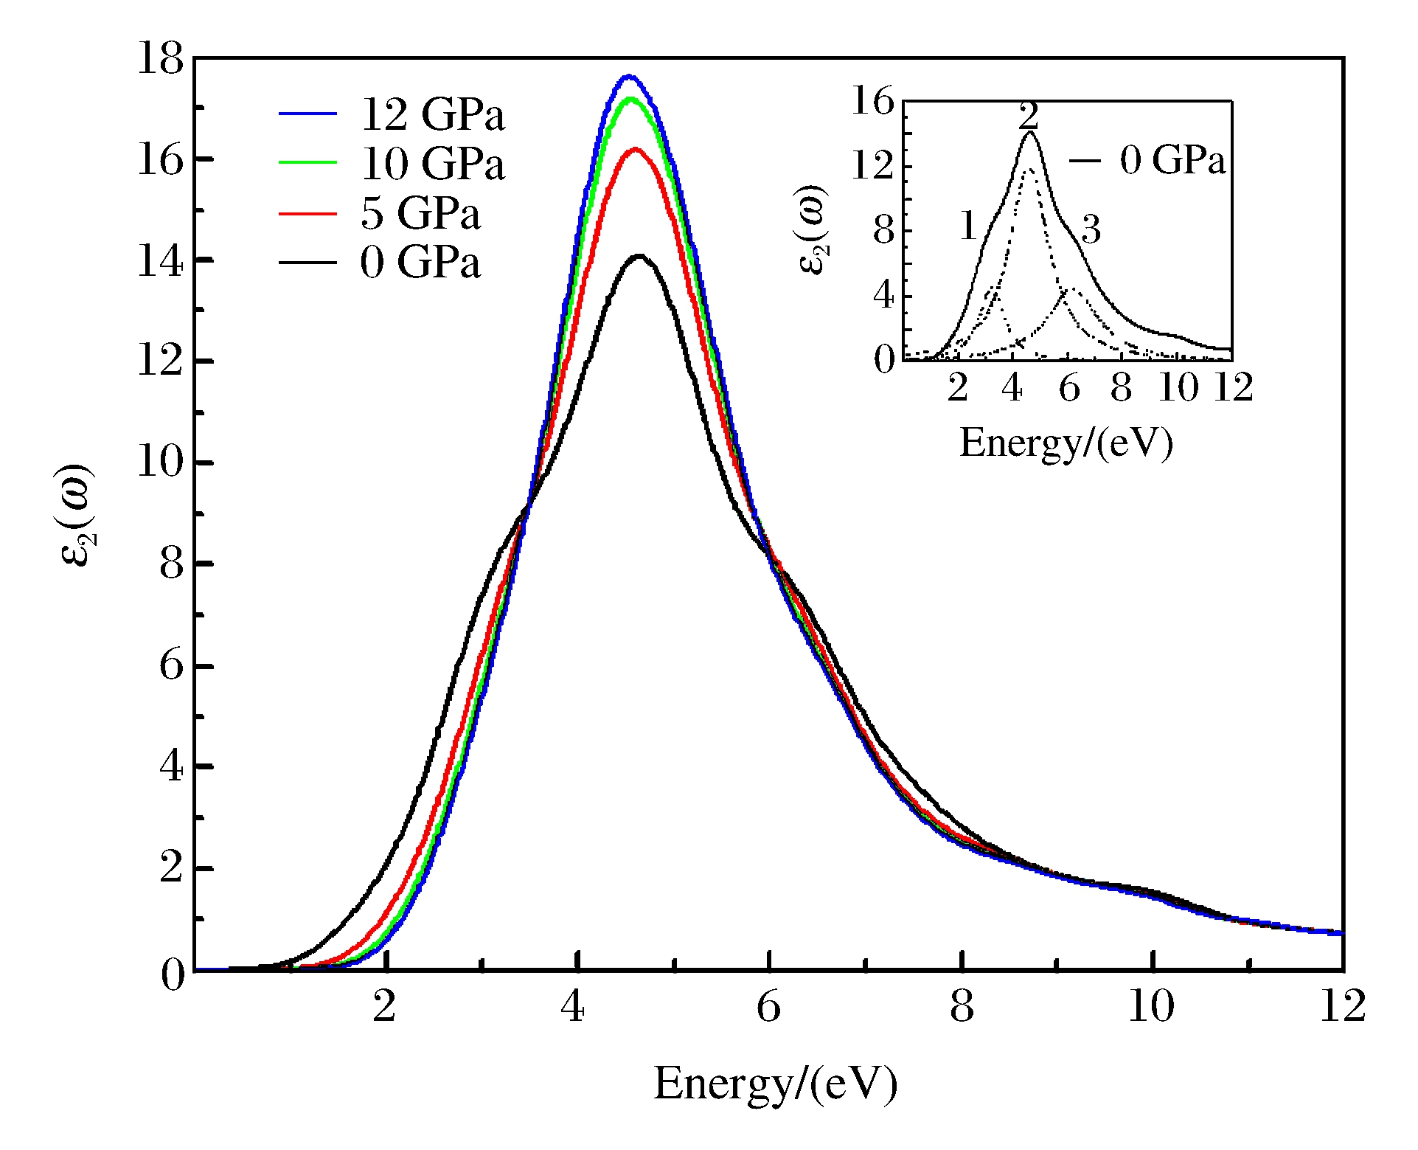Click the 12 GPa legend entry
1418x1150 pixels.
tap(432, 114)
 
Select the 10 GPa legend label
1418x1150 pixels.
tap(432, 163)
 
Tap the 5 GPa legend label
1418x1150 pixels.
tap(420, 213)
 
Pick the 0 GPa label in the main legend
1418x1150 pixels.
tap(420, 263)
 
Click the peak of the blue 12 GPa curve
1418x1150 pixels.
tap(629, 76)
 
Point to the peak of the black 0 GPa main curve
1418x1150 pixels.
tap(639, 256)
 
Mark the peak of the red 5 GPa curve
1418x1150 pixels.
tap(635, 150)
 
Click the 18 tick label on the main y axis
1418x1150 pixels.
tap(160, 58)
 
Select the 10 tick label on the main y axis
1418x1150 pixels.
tap(160, 463)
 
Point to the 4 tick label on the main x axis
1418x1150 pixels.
tap(573, 1006)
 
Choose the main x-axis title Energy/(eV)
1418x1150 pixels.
tap(775, 1084)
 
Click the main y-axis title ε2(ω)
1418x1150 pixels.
tap(76, 515)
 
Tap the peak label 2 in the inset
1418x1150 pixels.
tap(1029, 116)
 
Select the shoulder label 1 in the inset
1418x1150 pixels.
tap(969, 226)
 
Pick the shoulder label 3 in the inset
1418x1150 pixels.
tap(1091, 229)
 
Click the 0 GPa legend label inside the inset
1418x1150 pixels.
tap(1172, 160)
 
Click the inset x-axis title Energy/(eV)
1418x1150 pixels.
tap(1066, 444)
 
